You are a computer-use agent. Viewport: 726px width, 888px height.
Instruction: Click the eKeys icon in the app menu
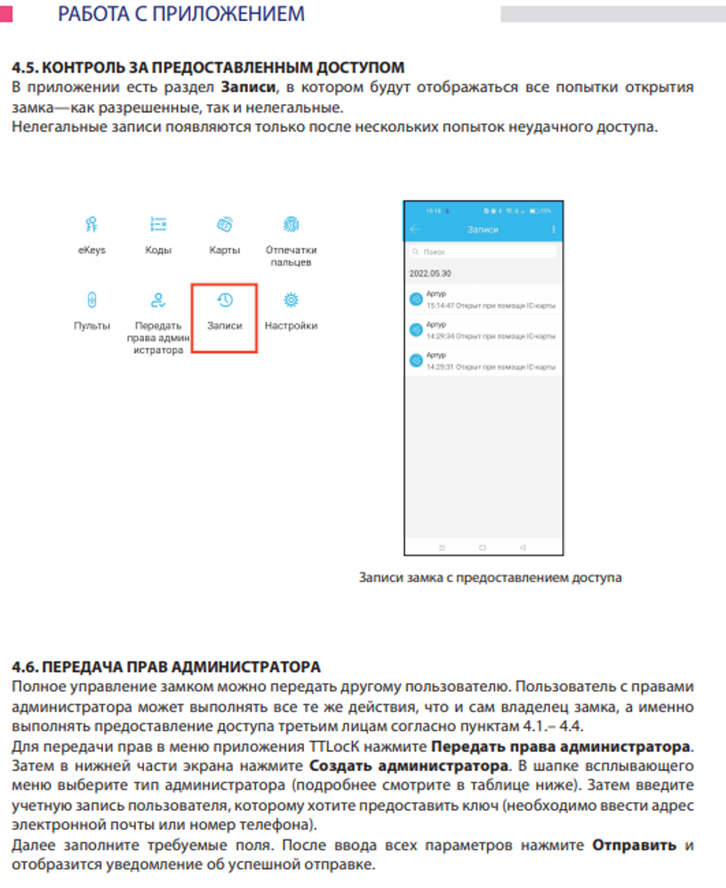(91, 224)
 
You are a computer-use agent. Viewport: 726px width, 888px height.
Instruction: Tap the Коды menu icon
(158, 224)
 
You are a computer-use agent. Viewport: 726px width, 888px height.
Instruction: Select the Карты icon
(224, 224)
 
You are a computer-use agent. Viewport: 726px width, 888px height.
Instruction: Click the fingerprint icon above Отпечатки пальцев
(291, 224)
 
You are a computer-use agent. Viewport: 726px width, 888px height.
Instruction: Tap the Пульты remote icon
(91, 300)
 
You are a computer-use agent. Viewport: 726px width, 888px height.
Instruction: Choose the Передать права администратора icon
(158, 300)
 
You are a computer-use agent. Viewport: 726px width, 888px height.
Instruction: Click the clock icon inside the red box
(224, 300)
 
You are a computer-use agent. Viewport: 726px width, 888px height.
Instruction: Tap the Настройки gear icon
(291, 300)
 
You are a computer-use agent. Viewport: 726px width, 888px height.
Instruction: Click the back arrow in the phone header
(415, 229)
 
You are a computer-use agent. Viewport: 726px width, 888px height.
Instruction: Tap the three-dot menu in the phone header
(553, 229)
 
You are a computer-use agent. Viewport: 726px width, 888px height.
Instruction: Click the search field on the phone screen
(483, 251)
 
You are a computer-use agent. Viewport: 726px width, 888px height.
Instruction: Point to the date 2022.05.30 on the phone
(430, 274)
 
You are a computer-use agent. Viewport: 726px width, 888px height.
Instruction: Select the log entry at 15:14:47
(484, 299)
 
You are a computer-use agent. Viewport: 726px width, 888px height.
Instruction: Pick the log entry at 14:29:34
(484, 330)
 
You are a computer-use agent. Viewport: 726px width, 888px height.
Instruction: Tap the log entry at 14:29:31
(484, 360)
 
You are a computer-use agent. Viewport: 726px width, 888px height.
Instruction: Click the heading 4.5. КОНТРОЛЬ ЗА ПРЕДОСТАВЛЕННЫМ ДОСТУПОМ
(208, 68)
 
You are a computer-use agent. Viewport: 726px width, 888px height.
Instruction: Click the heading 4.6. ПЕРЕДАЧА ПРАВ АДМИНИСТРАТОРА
(166, 667)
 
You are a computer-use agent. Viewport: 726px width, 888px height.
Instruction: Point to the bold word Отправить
(634, 845)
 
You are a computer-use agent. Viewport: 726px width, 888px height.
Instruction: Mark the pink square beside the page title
(6, 14)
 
